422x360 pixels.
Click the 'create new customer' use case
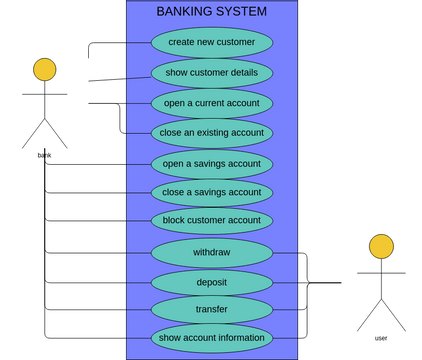[x=211, y=42]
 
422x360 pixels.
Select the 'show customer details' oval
[x=211, y=73]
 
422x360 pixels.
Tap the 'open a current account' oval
[x=211, y=103]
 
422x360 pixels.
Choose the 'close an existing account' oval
[x=211, y=132]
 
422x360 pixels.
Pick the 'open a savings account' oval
[x=211, y=163]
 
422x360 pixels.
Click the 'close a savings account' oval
[x=211, y=192]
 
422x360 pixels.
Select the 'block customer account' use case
[x=211, y=220]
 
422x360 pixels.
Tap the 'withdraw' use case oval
[x=211, y=252]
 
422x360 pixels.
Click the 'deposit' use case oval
[x=211, y=282]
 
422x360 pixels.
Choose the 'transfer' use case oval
[x=211, y=309]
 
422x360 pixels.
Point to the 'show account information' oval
[x=211, y=337]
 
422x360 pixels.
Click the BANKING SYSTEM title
[x=212, y=12]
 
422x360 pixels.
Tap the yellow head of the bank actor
[x=44, y=69]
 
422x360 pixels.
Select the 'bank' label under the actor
[x=44, y=155]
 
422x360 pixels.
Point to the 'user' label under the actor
[x=381, y=338]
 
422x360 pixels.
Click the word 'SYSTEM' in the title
[x=243, y=12]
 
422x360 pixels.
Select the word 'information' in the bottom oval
[x=238, y=337]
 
